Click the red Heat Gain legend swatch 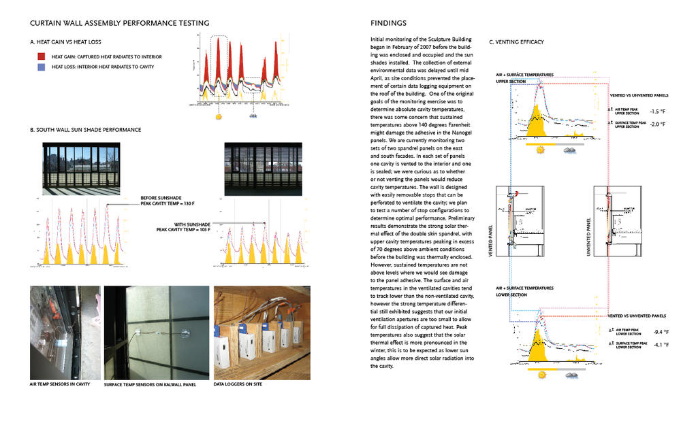(x=41, y=56)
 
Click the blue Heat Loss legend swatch (x=41, y=67)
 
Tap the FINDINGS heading (x=388, y=22)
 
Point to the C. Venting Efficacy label (x=517, y=42)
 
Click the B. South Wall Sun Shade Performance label (x=86, y=130)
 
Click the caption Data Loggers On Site (x=238, y=384)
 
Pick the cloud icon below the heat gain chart (x=253, y=116)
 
